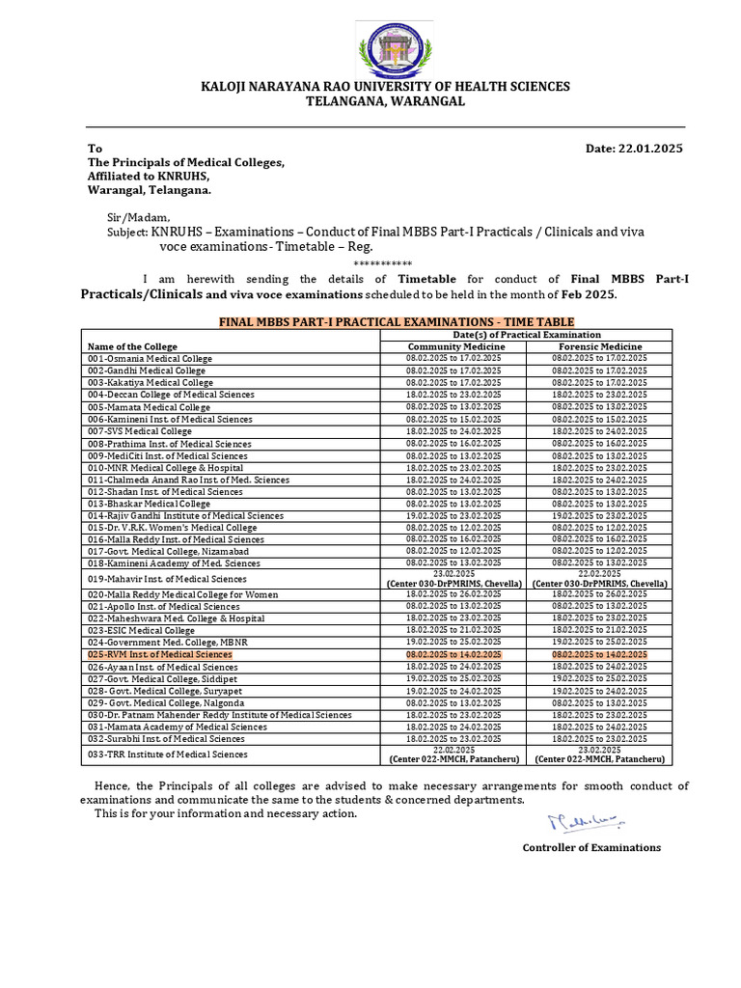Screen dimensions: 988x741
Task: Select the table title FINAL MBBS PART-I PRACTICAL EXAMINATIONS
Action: pos(397,321)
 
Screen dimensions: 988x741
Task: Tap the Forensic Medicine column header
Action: pos(599,346)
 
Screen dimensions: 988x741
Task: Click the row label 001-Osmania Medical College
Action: pos(150,358)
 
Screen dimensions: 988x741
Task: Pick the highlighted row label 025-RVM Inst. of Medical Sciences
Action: pos(159,654)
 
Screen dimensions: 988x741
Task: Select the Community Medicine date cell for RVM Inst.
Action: pos(453,654)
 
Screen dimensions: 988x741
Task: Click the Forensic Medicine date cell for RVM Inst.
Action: pos(599,654)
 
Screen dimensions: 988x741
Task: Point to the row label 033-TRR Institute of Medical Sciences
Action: pos(167,755)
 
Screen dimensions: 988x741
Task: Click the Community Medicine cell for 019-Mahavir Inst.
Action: pos(453,578)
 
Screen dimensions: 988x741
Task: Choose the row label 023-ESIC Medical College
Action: pos(141,630)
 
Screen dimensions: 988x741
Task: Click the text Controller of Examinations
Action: pos(591,847)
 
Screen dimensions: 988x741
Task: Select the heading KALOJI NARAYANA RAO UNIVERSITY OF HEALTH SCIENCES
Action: pos(385,87)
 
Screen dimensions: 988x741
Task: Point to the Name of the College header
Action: pos(132,346)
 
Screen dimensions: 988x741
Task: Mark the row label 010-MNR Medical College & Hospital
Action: pos(161,467)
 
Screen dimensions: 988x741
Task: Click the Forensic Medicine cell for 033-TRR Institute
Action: pos(599,755)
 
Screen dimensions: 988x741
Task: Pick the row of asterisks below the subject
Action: pos(383,263)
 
